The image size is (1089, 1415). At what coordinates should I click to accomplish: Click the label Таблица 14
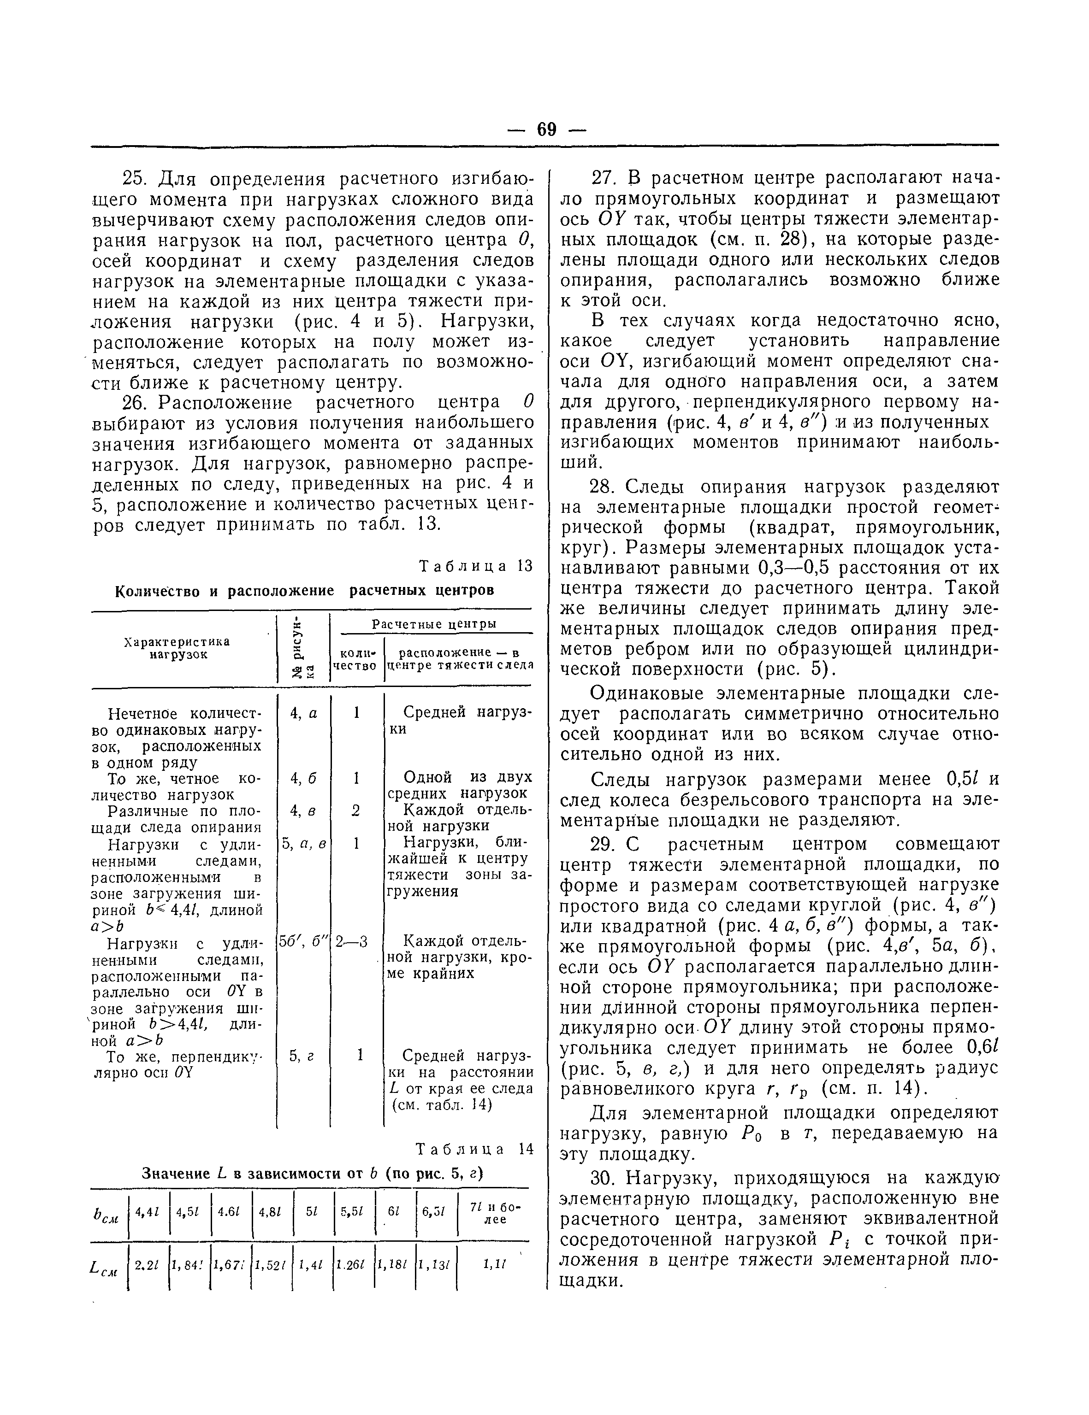(x=474, y=1149)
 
